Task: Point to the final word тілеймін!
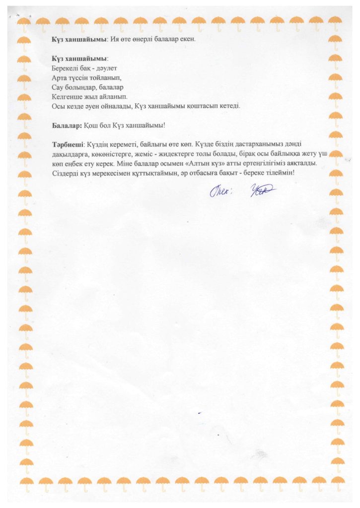280,173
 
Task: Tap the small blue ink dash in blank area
199,413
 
